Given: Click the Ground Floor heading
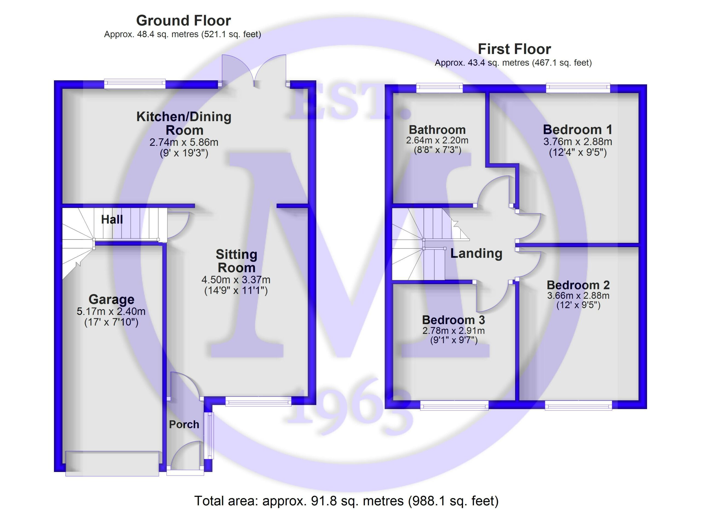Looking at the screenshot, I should click(183, 21).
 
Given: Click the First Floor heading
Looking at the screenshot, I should click(514, 49).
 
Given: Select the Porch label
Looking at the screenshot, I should click(184, 424).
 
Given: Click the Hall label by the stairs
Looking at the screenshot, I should click(112, 219).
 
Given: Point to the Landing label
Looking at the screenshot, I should click(476, 253).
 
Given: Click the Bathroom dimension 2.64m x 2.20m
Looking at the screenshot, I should click(437, 140).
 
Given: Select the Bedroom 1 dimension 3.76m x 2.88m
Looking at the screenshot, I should click(578, 142).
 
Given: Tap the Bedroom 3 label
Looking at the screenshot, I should click(453, 320).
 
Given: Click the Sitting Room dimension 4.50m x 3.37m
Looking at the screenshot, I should click(236, 280).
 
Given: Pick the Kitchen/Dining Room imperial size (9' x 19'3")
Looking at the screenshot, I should click(184, 153).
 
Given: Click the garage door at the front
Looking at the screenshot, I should click(112, 464).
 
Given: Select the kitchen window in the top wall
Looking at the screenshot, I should click(134, 84).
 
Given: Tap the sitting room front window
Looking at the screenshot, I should click(258, 402).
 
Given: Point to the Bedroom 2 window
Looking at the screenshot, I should click(578, 405).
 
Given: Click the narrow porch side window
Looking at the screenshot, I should click(210, 435).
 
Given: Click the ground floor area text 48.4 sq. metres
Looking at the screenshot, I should click(182, 34).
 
